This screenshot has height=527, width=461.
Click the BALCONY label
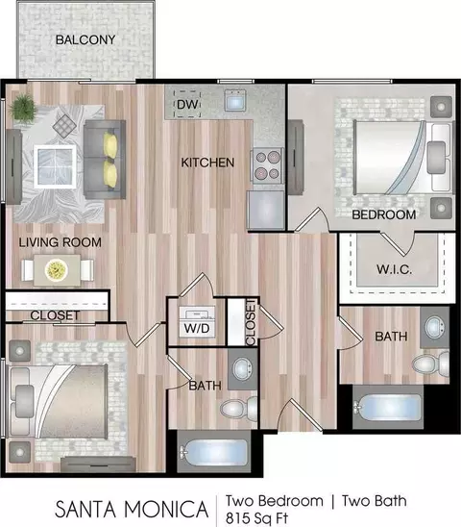click(85, 40)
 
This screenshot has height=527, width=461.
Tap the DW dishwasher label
click(187, 104)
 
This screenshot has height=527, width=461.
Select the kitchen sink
click(235, 99)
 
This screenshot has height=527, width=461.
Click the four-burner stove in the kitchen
click(268, 165)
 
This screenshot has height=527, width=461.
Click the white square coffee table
click(55, 166)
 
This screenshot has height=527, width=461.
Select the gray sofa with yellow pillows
click(105, 159)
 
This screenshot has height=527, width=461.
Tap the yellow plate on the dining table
click(56, 270)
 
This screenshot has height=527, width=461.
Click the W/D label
click(197, 328)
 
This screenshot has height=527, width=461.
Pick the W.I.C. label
click(394, 269)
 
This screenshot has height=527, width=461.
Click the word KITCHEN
click(207, 163)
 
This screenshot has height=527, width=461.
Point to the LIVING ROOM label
click(61, 242)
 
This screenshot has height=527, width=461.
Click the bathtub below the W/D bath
click(214, 452)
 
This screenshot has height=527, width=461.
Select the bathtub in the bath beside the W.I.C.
click(387, 407)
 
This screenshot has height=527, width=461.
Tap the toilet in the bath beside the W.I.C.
click(431, 364)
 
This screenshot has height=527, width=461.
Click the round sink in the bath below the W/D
click(242, 368)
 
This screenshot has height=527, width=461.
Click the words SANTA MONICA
click(132, 509)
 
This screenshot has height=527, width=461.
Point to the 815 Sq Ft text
click(256, 518)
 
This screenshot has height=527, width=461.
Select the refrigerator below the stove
click(266, 210)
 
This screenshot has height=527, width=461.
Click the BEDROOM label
click(384, 214)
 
